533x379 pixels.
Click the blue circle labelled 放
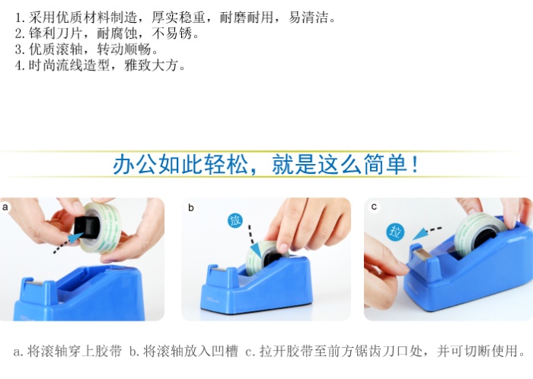point(235,220)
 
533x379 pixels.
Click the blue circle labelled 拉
point(395,232)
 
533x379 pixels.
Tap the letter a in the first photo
point(5,207)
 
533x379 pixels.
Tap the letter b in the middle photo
point(191,207)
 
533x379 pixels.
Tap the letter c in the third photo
point(375,207)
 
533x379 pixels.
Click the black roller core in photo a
point(88,226)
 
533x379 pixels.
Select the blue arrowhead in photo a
point(76,238)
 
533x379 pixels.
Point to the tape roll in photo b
point(263,257)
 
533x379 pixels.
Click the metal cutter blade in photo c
point(423,253)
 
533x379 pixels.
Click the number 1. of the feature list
point(20,18)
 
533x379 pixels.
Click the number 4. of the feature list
point(20,66)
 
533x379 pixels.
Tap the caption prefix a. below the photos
point(18,351)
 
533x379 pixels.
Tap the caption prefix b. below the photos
point(134,351)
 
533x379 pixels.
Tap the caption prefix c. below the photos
point(251,351)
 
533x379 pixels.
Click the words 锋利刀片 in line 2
point(56,34)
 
